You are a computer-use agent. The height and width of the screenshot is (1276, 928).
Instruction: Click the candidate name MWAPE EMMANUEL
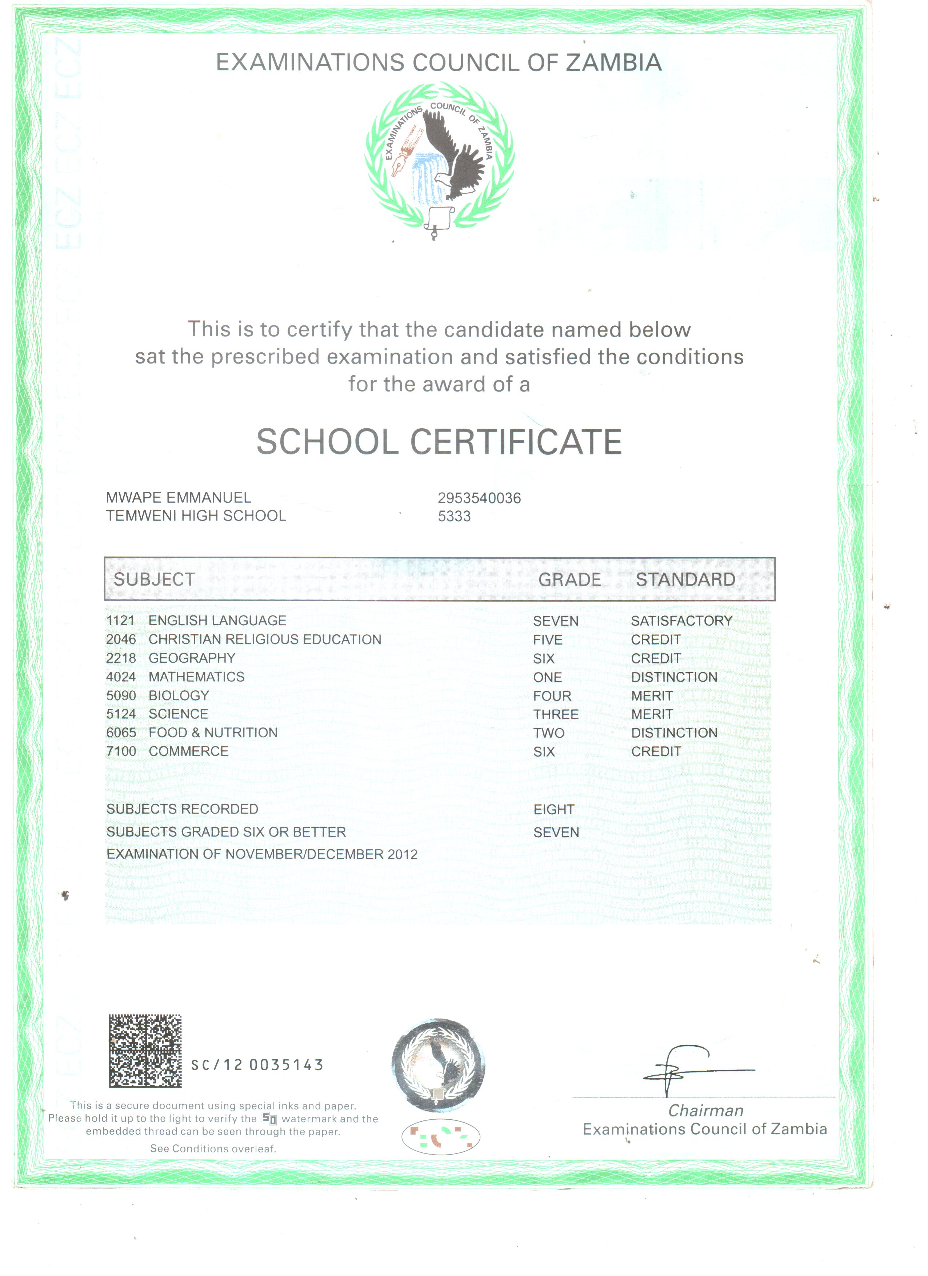[x=179, y=497]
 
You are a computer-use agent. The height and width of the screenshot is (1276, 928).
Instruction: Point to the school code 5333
[x=454, y=516]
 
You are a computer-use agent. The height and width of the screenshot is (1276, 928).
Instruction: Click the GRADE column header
[x=569, y=579]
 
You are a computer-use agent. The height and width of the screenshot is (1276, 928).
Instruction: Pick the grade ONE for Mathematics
[x=547, y=677]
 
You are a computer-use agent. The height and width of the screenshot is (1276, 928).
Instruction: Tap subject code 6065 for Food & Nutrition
[x=121, y=733]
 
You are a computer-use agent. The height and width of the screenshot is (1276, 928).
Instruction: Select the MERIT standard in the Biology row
[x=652, y=696]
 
